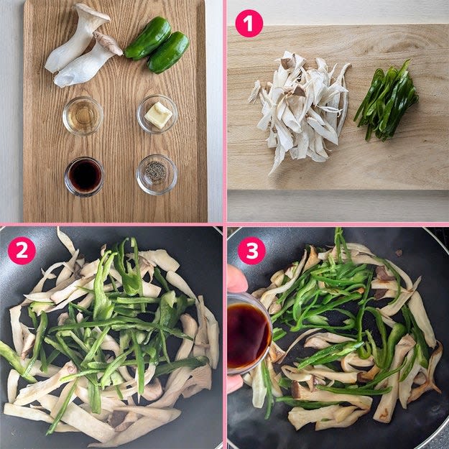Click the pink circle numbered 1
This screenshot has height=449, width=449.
249,24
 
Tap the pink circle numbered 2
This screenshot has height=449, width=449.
22,251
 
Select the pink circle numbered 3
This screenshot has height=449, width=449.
251,251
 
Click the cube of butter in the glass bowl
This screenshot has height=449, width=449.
158,116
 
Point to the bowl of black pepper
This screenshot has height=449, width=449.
157,175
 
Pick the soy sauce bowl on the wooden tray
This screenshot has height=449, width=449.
85,177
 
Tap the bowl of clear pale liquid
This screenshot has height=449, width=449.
83,116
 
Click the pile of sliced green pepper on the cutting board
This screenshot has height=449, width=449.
386,101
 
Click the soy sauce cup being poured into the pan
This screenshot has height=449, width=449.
249,333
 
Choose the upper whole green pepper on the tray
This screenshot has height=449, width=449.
148,38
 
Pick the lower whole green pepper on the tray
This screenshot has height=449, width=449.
168,52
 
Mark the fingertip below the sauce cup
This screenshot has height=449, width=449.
236,384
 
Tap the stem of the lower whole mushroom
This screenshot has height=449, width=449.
80,68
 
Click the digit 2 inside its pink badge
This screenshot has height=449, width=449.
22,251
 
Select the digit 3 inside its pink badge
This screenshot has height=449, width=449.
251,251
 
